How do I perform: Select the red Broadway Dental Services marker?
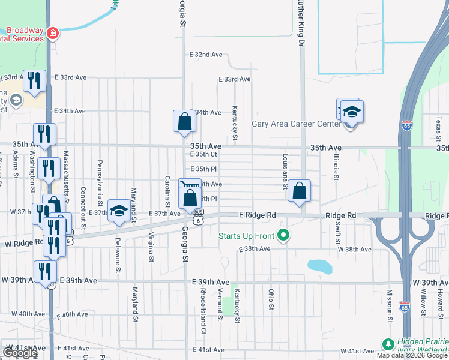[x=53, y=32]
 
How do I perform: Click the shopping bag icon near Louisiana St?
[x=299, y=191]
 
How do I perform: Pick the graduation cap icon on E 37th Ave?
[x=119, y=212]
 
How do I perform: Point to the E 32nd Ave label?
[x=206, y=55]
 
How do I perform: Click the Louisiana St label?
[x=285, y=170]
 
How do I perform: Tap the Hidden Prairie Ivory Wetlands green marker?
[x=388, y=345]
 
